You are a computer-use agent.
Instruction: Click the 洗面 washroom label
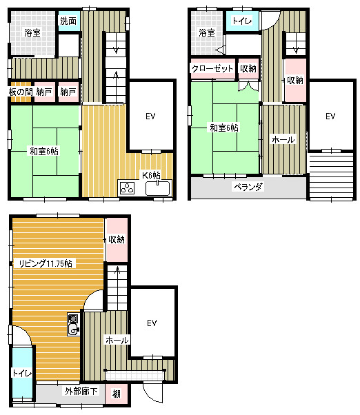coord(68,21)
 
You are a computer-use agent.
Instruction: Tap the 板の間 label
coord(21,92)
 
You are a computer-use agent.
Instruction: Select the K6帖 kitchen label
coord(151,175)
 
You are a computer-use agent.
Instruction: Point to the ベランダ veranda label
coord(248,187)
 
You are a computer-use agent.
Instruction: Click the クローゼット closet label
coord(212,68)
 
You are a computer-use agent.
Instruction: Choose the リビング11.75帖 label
coord(46,263)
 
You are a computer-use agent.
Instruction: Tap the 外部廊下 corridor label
coord(81,391)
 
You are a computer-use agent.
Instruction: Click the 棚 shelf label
coord(117,394)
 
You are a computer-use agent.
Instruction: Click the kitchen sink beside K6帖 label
coord(157,188)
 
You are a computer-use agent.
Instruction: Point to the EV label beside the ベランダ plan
coord(330,116)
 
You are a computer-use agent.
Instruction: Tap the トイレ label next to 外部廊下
coord(22,373)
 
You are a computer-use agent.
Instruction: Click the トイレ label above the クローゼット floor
coord(242,21)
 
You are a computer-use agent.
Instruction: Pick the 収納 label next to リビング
coord(117,239)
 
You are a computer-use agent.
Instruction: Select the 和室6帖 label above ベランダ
coord(224,128)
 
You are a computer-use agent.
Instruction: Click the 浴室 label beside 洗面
coord(32,32)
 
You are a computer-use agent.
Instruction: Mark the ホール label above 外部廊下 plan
coord(117,340)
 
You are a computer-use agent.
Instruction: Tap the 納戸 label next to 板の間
coord(44,92)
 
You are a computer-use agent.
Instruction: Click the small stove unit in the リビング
coord(73,324)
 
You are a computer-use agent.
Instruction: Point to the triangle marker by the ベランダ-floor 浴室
coord(220,50)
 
